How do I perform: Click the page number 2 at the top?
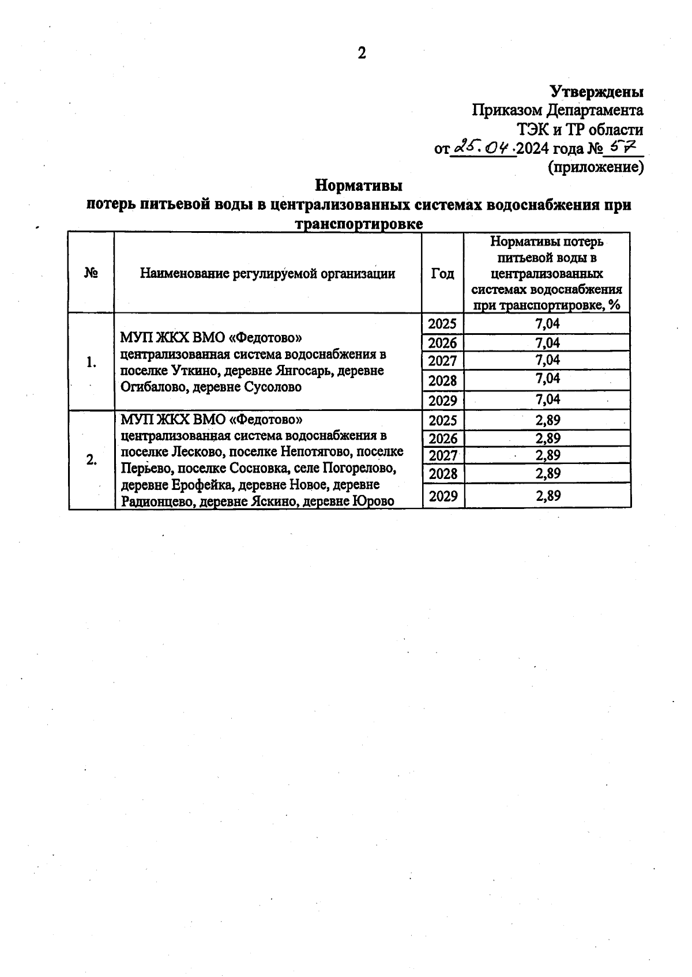point(362,54)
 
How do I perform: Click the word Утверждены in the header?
point(596,92)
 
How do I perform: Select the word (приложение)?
point(595,167)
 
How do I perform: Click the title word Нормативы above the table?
point(358,186)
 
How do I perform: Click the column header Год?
point(442,274)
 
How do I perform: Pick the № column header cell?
point(91,273)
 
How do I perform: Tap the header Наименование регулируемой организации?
point(268,274)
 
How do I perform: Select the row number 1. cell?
point(91,363)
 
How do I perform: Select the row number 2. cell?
point(91,460)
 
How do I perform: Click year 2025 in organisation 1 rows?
point(442,324)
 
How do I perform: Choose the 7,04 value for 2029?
point(547,399)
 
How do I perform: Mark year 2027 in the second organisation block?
point(442,456)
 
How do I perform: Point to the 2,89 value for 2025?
point(547,420)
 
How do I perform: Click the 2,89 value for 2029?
point(547,496)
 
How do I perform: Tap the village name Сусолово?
point(272,387)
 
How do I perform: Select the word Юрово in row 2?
point(374,501)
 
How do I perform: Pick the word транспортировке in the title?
point(359,224)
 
